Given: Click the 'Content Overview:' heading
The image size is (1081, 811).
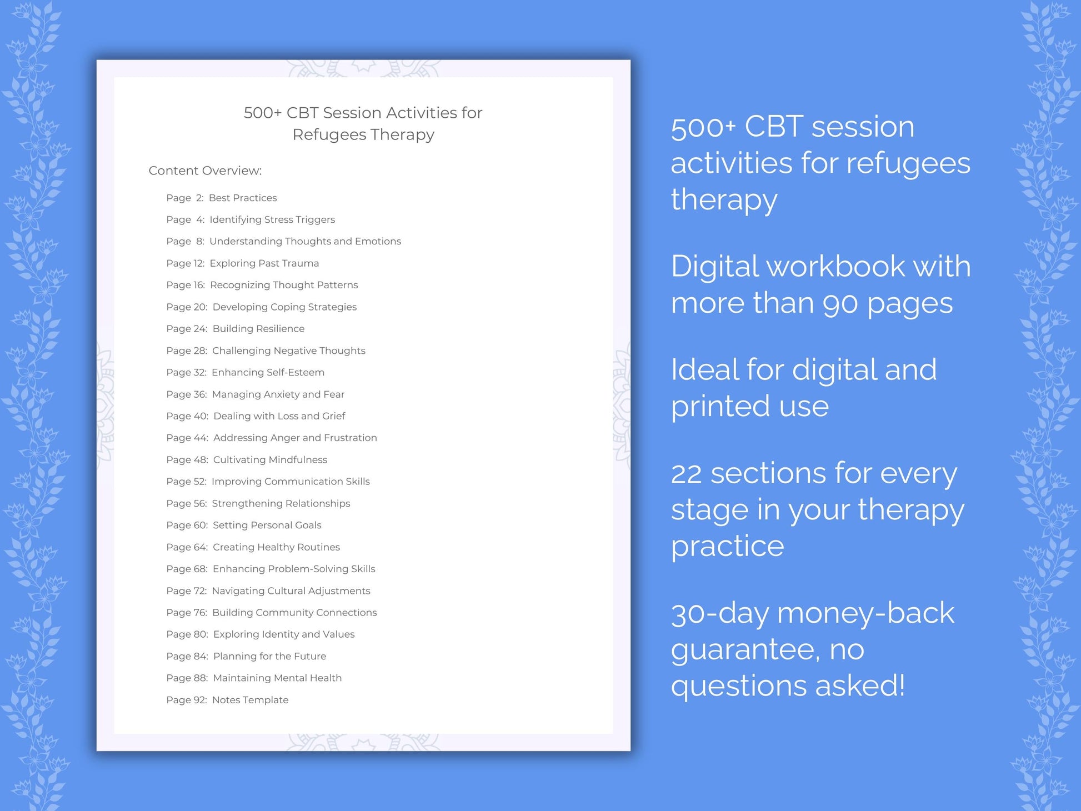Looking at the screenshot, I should click(x=205, y=171).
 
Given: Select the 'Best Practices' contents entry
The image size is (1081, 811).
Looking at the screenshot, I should click(x=243, y=198).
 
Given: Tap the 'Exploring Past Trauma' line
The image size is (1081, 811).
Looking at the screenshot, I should click(x=264, y=263).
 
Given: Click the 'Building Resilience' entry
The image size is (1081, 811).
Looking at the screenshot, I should click(x=258, y=329).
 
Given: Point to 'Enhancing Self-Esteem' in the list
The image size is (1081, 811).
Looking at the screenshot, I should click(x=268, y=372).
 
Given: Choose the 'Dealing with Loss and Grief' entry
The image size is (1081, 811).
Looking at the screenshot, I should click(x=279, y=416).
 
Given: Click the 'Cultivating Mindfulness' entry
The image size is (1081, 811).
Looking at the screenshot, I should click(x=270, y=460).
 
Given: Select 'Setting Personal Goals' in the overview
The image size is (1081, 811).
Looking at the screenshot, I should click(x=267, y=525).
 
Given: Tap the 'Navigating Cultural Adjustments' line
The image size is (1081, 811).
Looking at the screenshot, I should click(x=291, y=590).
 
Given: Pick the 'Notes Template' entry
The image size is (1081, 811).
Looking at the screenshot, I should click(x=250, y=700).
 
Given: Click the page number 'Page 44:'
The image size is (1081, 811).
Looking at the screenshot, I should click(x=187, y=438).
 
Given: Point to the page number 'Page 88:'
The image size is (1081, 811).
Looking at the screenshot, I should click(x=187, y=678).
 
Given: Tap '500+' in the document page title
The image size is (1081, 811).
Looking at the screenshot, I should click(x=263, y=113).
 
